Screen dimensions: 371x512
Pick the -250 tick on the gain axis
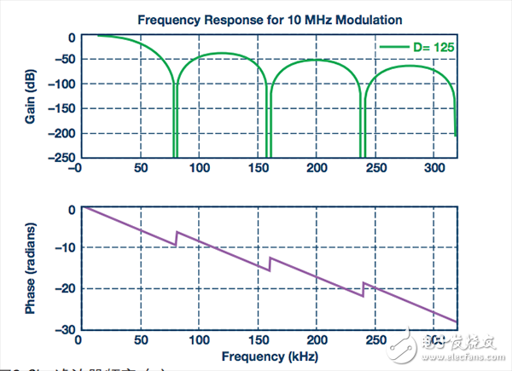click(x=56, y=158)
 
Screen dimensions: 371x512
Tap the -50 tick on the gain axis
click(x=60, y=59)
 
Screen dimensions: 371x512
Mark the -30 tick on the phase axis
click(x=63, y=329)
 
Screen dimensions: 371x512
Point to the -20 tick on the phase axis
click(x=63, y=289)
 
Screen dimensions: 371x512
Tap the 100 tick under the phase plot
click(x=199, y=340)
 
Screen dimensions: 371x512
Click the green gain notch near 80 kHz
click(x=175, y=119)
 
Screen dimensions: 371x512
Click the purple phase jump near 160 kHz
click(x=270, y=264)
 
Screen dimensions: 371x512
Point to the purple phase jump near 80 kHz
click(x=176, y=238)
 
